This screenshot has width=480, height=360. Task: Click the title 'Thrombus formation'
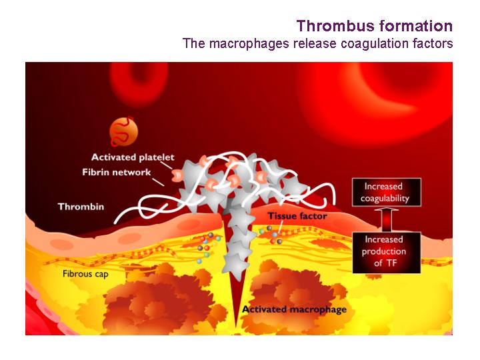tap(375, 26)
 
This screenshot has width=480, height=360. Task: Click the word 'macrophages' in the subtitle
tap(249, 43)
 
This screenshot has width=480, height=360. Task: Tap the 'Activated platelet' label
tap(133, 157)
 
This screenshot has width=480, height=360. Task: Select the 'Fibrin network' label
tap(116, 173)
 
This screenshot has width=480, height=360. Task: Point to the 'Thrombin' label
tap(81, 207)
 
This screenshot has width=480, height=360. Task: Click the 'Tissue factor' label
tap(297, 216)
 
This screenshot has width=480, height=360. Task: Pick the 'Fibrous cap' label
tap(85, 274)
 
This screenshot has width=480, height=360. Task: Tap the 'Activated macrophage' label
tap(294, 309)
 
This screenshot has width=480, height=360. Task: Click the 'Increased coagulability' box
tap(386, 192)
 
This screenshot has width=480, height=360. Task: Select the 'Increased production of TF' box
tap(386, 253)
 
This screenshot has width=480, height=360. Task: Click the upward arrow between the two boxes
tap(386, 219)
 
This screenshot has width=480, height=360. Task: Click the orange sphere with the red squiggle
tap(123, 131)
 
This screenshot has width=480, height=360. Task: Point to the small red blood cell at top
tap(139, 83)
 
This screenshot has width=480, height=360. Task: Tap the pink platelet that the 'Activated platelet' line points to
tap(177, 175)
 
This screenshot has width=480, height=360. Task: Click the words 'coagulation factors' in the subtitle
tap(397, 43)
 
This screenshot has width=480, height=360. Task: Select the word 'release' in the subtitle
tap(315, 43)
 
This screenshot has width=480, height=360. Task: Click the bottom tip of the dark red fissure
tap(236, 326)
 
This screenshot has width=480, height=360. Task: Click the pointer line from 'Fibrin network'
tap(158, 182)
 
